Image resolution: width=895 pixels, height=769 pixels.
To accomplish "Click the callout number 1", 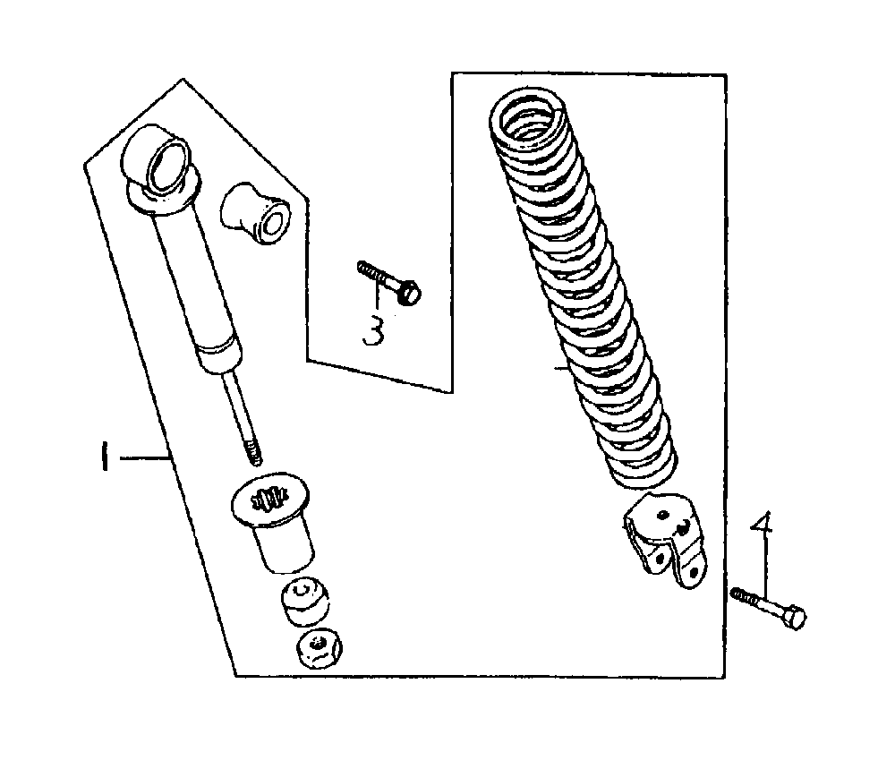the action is pyautogui.click(x=104, y=457).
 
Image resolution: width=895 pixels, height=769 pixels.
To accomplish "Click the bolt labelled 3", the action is pyautogui.click(x=388, y=281).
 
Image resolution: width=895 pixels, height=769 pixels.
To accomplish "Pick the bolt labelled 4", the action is pyautogui.click(x=768, y=608).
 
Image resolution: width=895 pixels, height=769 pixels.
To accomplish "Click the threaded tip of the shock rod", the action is pyautogui.click(x=253, y=453).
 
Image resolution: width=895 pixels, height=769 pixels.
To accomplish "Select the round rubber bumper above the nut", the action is pyautogui.click(x=305, y=602).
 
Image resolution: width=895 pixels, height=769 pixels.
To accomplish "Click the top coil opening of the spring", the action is pyautogui.click(x=529, y=118).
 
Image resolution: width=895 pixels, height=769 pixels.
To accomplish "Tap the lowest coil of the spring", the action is pyautogui.click(x=642, y=476).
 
